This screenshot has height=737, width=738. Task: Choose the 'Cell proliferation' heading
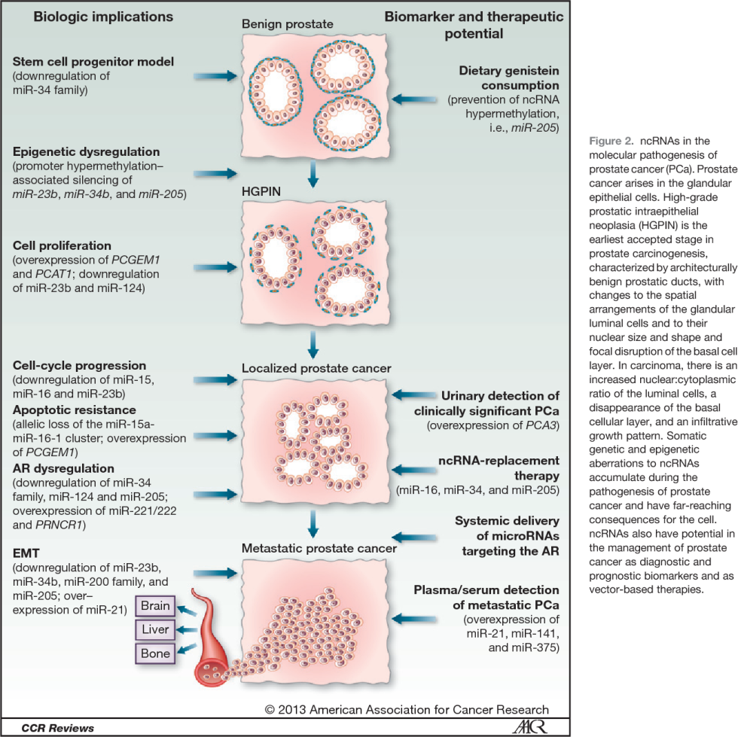coord(62,246)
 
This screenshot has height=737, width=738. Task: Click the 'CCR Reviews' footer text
coord(47,728)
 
